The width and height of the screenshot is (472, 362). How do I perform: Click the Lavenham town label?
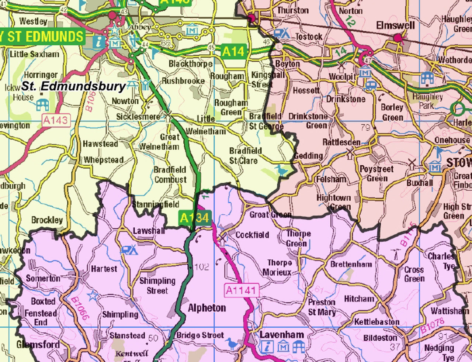coord(282,335)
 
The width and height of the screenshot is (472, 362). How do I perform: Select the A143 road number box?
coord(56,120)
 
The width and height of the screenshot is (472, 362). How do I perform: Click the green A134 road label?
coord(194,218)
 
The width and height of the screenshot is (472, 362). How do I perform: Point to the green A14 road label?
coord(233,52)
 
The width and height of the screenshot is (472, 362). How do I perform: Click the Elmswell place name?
coord(395,25)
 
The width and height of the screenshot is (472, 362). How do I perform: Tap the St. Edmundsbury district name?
coord(73,86)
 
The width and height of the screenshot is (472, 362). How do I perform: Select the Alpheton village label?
coord(207,308)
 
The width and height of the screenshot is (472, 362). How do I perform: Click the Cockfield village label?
coord(252,235)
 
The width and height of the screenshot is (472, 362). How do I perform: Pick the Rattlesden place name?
coord(341,142)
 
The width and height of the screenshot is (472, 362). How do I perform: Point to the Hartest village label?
coord(104,269)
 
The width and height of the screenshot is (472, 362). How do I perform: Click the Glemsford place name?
coord(38,345)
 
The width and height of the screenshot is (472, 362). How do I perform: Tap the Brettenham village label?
coord(351,264)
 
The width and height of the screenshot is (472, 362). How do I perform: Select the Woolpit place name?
coord(342,77)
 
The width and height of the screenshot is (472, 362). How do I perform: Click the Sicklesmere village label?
coord(138,117)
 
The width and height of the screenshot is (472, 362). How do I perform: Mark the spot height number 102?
coord(201,267)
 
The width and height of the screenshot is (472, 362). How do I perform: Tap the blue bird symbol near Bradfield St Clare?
coord(281,170)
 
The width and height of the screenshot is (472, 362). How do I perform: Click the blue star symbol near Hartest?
coord(93,296)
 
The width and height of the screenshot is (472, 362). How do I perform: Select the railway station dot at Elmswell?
coord(398,38)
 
